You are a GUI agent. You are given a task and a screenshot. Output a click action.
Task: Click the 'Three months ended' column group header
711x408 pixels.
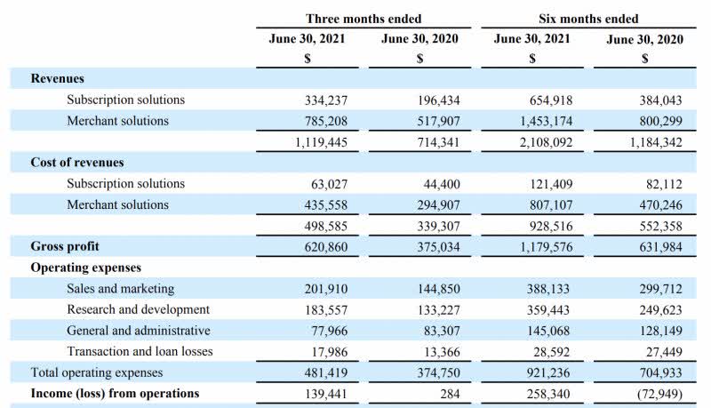[x=363, y=19]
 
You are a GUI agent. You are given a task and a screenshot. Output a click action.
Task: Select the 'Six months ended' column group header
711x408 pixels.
[x=588, y=19]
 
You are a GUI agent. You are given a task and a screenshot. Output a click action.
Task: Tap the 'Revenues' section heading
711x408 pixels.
[x=58, y=78]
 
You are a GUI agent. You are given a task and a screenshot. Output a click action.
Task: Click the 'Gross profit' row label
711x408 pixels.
[x=65, y=246]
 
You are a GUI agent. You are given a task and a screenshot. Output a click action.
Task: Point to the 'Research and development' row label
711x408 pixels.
[x=138, y=309]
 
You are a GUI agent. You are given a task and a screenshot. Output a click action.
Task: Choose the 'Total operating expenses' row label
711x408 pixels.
[x=98, y=372]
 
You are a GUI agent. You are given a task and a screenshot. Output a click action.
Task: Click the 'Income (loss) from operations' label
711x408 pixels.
[x=115, y=393]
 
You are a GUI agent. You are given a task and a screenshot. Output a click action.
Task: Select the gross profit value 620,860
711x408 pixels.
[x=319, y=246]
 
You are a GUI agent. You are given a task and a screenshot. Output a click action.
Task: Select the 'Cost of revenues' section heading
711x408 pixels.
[x=77, y=163]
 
